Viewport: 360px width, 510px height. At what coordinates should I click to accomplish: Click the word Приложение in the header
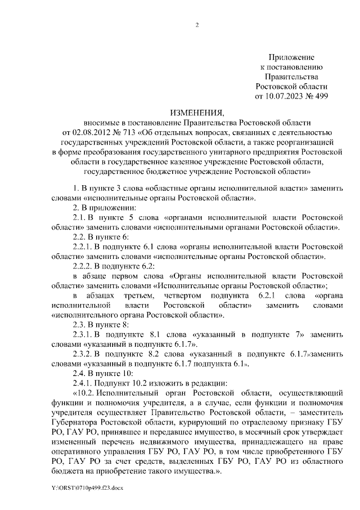(x=291, y=57)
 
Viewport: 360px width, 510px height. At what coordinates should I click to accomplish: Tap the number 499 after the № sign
(x=319, y=96)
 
